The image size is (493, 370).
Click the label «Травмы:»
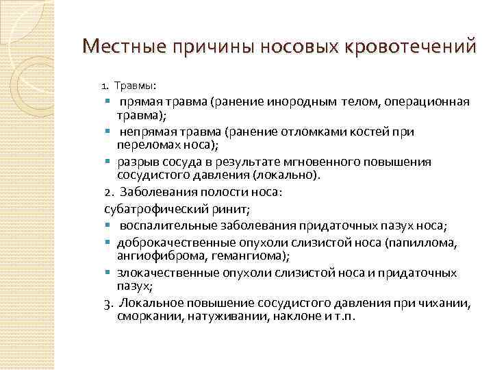click(x=135, y=86)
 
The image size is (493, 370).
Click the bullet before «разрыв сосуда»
click(x=110, y=162)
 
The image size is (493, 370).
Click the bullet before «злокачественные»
click(x=110, y=273)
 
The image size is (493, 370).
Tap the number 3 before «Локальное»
click(x=108, y=304)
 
